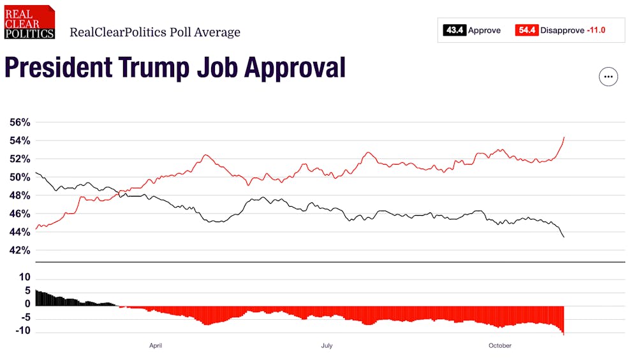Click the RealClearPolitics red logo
coord(29,22)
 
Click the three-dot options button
coord(608,77)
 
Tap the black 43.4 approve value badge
coord(454,30)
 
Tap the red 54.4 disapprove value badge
coord(526,30)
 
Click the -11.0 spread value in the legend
coord(596,30)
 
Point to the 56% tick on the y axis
coord(19,122)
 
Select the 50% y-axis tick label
coord(19,177)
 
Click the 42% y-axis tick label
coord(19,250)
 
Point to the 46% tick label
coord(19,214)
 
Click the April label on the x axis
coord(155,346)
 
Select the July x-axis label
coord(327,346)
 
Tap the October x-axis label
coord(499,346)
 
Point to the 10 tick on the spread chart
coord(24,277)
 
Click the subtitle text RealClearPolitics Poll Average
coord(155,32)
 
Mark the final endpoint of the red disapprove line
coord(564,137)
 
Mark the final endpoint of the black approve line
coord(564,237)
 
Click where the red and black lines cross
coord(119,191)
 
